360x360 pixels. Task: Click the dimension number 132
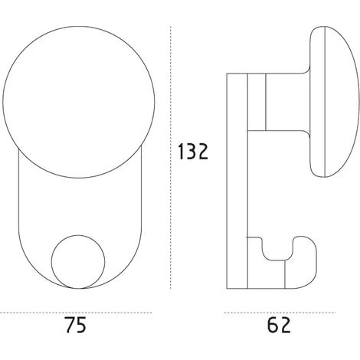tap(193, 152)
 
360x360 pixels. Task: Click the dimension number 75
tap(76, 325)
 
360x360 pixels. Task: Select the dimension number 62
tap(279, 325)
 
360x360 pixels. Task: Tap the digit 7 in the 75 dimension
tap(69, 325)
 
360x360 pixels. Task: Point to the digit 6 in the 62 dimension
tap(273, 325)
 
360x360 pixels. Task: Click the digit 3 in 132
tap(191, 152)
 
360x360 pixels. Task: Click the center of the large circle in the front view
tap(79, 102)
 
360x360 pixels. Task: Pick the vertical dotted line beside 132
tap(171, 157)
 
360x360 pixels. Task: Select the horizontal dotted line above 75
tap(76, 313)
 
